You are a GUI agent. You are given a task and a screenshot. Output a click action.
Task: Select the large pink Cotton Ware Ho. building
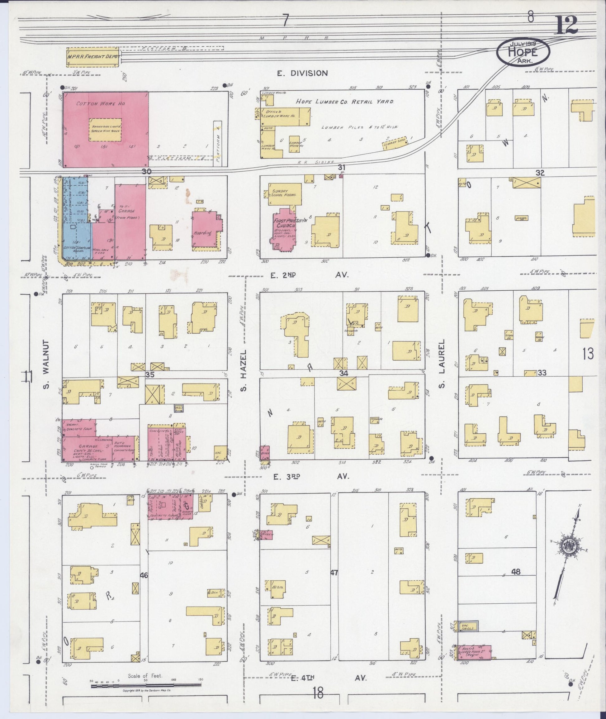pyautogui.click(x=105, y=129)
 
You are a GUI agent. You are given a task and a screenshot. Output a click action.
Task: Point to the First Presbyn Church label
pyautogui.click(x=284, y=224)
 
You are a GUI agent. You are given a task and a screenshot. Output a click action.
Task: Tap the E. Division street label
pyautogui.click(x=303, y=73)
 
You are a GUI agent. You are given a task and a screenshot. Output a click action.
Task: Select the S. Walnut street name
pyautogui.click(x=46, y=364)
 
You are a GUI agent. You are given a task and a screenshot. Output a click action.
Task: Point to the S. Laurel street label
pyautogui.click(x=442, y=363)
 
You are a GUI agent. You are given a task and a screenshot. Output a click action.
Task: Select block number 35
pyautogui.click(x=150, y=375)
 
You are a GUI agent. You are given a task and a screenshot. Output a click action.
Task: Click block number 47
pyautogui.click(x=334, y=573)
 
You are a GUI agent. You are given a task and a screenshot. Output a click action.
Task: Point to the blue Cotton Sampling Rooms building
pyautogui.click(x=76, y=220)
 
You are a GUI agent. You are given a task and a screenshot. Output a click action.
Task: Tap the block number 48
pyautogui.click(x=515, y=572)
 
